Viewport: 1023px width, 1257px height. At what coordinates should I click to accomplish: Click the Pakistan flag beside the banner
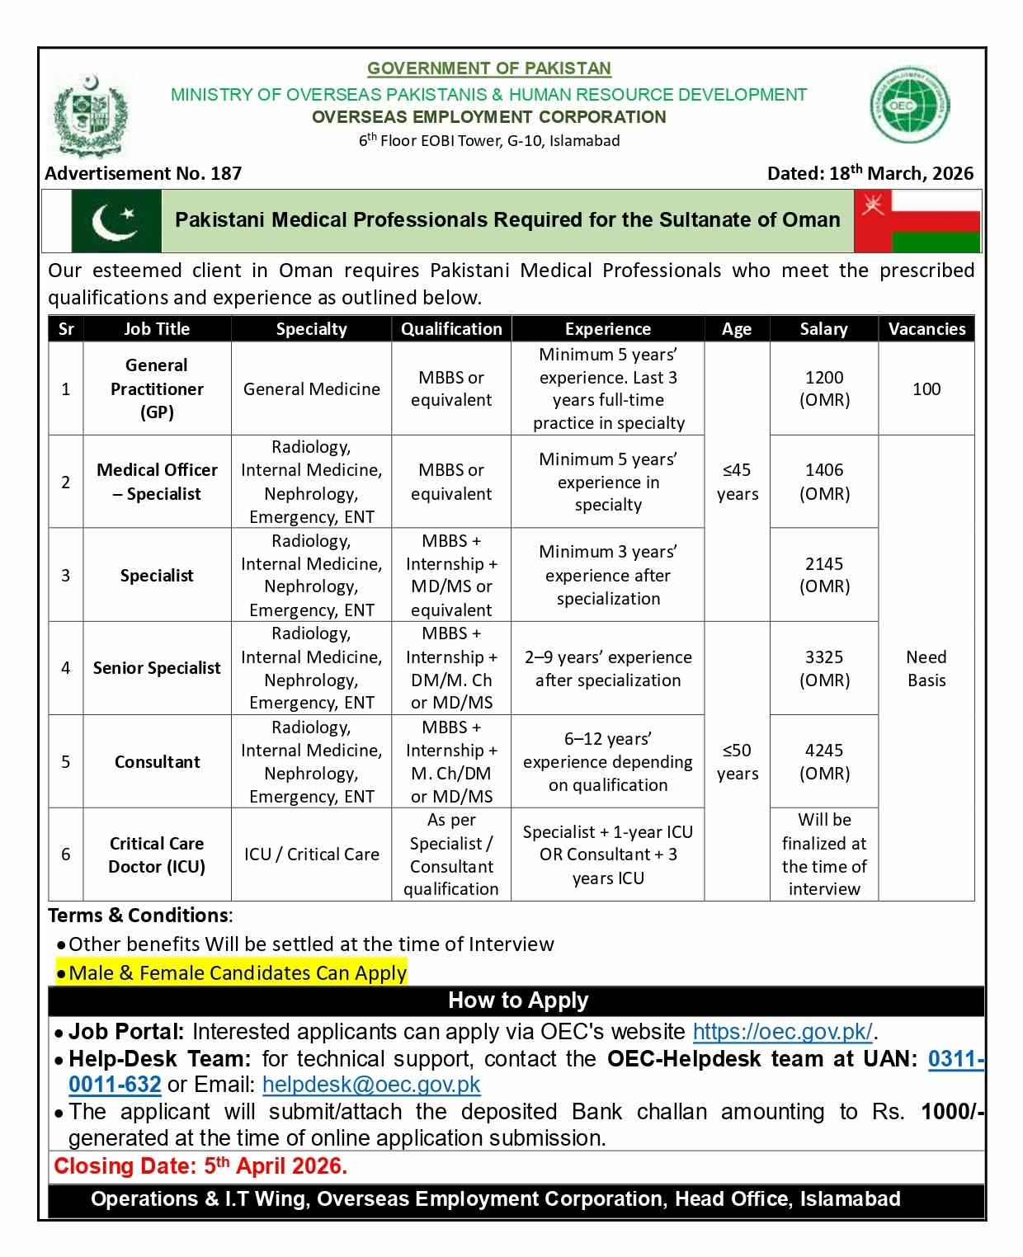coord(116,221)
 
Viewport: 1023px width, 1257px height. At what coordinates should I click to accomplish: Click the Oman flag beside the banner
coord(917,221)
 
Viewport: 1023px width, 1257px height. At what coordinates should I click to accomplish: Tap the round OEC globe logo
coord(910,106)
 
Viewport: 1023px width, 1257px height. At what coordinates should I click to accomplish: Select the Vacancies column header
coord(926,328)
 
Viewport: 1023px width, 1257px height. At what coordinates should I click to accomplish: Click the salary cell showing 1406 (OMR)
coord(824,482)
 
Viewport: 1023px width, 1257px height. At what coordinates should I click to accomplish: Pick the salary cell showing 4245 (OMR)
coord(824,761)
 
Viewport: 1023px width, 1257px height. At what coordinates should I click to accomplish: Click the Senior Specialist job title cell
coord(157,668)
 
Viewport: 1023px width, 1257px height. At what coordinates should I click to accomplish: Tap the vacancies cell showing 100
coord(926,388)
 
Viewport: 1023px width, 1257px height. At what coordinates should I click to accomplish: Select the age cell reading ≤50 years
coord(738,761)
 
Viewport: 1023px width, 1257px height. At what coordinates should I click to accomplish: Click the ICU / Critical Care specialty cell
coord(311,854)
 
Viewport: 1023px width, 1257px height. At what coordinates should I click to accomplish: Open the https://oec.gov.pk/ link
coord(782,1032)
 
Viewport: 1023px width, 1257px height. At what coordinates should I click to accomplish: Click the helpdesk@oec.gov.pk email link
coord(371,1085)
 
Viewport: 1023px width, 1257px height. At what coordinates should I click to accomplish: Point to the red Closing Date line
coord(200,1166)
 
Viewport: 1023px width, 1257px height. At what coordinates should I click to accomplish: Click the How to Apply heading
coord(518,1000)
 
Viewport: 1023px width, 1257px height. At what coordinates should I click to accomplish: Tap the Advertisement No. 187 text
coord(144,173)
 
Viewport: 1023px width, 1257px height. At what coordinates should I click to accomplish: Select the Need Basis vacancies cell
coord(926,668)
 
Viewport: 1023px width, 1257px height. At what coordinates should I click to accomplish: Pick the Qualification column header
coord(451,328)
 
